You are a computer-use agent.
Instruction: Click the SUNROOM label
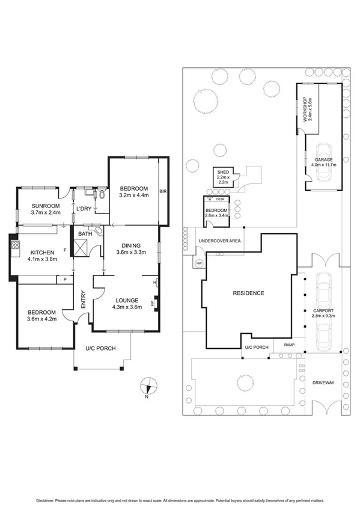[46, 206]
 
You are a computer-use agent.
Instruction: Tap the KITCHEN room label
[40, 252]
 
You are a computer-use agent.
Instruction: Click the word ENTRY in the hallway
[84, 300]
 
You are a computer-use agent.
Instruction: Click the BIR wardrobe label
[162, 192]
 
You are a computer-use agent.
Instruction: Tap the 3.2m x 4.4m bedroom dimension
[133, 195]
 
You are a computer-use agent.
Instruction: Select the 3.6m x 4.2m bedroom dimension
[41, 319]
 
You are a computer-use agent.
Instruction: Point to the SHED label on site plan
[222, 172]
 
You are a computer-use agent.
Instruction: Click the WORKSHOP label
[305, 110]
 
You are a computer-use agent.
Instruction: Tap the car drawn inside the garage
[323, 164]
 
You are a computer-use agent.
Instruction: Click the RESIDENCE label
[249, 293]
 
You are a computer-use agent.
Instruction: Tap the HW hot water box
[199, 262]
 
